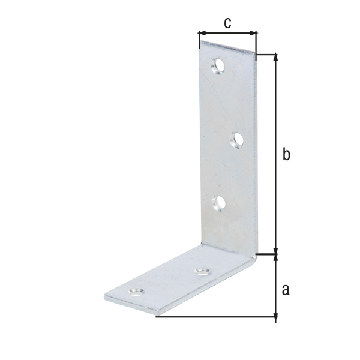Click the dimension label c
point(227,23)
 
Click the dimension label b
point(286,155)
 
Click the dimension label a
point(286,290)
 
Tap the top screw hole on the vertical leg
point(218,66)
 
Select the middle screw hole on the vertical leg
point(236,140)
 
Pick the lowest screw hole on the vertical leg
point(218,203)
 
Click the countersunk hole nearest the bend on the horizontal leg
point(202,272)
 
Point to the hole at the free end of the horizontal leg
point(136,292)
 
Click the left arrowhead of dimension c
point(202,33)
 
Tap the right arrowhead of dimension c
point(253,33)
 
